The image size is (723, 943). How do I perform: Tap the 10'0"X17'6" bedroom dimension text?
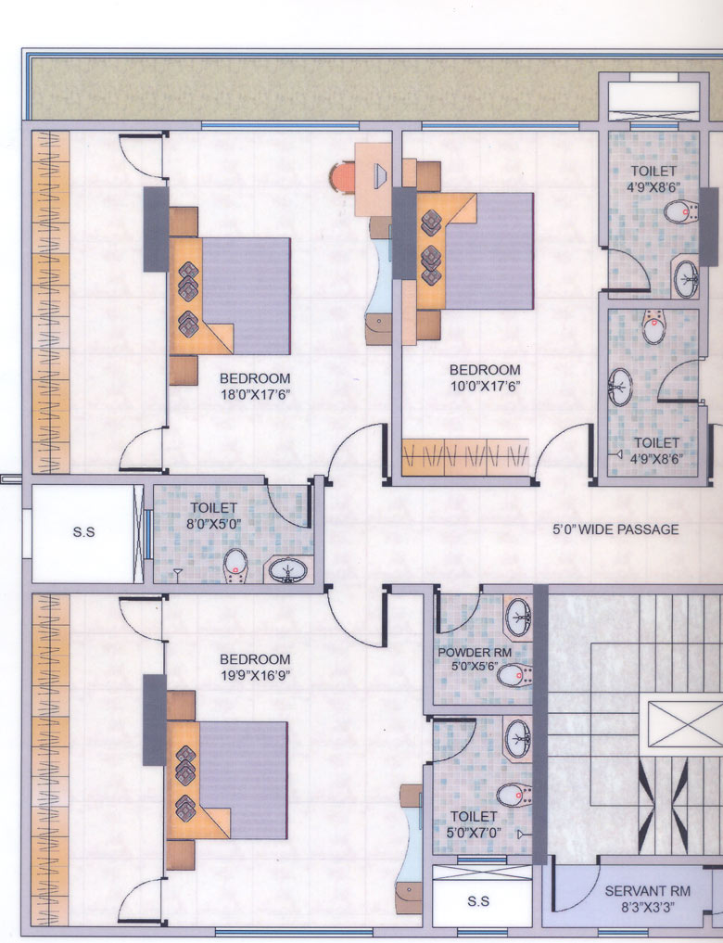click(485, 386)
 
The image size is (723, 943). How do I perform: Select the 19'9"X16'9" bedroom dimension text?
click(256, 675)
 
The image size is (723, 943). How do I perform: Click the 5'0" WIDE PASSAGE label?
click(615, 529)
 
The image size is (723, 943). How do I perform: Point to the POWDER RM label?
click(475, 653)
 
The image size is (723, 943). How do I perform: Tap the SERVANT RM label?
click(647, 891)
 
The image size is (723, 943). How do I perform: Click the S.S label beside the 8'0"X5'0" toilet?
click(83, 532)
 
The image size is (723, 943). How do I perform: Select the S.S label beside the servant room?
click(478, 901)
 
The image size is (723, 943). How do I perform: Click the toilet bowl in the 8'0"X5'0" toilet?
click(235, 567)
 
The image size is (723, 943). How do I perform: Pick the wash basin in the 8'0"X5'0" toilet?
click(288, 569)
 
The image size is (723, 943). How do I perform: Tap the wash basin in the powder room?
click(517, 617)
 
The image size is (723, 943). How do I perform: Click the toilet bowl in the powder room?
click(514, 675)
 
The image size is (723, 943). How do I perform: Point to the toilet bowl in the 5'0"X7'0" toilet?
click(514, 795)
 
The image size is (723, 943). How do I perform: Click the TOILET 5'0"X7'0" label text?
click(475, 824)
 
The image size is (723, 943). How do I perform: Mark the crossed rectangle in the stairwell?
click(685, 724)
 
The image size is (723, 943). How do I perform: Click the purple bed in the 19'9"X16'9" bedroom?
click(244, 780)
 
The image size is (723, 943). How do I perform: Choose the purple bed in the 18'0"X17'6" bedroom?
click(247, 296)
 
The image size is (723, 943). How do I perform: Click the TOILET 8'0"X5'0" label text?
click(214, 516)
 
